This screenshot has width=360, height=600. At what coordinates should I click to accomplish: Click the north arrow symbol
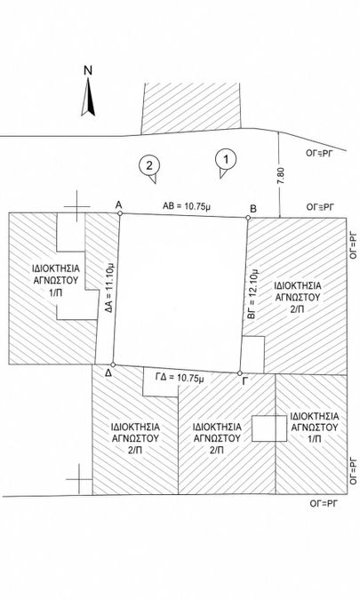88,97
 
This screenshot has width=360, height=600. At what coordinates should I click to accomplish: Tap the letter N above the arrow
88,70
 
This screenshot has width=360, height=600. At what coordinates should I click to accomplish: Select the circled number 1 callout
226,163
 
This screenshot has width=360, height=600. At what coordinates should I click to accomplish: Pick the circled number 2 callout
149,168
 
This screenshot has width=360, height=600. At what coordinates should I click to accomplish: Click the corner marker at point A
120,213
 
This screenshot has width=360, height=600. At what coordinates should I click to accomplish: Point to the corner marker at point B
248,218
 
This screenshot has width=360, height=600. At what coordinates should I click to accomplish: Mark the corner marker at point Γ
240,373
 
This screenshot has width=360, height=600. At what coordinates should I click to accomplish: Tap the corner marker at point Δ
113,364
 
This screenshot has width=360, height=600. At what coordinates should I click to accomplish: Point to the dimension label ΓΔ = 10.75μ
180,378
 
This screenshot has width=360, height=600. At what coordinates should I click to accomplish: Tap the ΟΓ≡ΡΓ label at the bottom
324,503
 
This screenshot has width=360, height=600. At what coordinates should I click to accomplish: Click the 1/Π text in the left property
55,292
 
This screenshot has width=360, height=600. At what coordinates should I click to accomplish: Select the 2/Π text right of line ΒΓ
298,308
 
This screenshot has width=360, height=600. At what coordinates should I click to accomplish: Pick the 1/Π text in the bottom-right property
315,438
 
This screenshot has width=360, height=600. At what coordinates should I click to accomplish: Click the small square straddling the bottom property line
269,428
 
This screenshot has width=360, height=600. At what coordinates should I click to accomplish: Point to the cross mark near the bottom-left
79,479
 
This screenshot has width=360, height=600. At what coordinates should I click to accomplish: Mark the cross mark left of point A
77,206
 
